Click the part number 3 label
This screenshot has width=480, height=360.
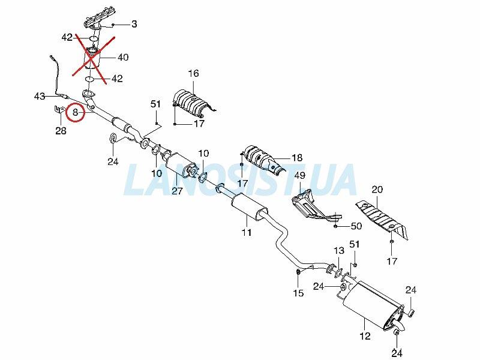coord(134,24)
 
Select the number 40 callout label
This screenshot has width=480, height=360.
coord(123,57)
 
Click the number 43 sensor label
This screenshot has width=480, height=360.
coord(40,97)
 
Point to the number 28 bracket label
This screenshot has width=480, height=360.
coord(61,131)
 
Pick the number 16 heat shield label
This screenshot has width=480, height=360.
coord(193,73)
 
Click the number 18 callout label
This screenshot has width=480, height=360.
coord(297,158)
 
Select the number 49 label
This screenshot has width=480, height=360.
coord(299,176)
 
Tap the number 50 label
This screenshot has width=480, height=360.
coord(356,226)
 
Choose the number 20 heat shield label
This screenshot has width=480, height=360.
coord(377,190)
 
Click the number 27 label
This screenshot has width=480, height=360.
coord(177,191)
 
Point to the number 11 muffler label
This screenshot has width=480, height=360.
coord(247,232)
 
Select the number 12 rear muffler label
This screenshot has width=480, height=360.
coord(365,336)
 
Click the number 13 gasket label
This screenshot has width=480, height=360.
coord(339,251)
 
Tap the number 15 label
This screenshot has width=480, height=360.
coord(298,293)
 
